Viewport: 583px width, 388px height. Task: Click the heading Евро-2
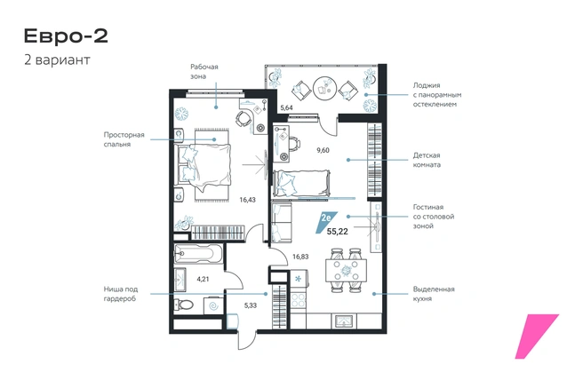66,36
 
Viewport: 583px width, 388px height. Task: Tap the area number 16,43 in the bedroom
247,200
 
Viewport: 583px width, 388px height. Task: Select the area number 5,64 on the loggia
286,108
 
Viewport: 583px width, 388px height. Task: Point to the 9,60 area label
323,150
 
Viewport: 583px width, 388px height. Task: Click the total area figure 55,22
337,232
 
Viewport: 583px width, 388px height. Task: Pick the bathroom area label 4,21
203,279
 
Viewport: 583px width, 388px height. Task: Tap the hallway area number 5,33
251,305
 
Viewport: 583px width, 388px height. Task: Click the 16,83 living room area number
300,257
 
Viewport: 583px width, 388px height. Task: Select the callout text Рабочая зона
204,72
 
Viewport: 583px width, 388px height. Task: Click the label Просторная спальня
124,139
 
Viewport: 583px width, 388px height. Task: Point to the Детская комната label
427,160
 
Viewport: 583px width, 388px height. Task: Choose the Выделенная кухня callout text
434,294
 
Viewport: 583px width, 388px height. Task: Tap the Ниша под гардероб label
121,294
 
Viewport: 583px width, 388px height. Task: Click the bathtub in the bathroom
198,254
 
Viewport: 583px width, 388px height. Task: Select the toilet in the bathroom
184,305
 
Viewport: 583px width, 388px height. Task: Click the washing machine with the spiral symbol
214,305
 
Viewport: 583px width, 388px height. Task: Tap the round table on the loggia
324,89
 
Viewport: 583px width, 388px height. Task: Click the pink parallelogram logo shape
537,337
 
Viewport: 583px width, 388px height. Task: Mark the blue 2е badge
326,222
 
